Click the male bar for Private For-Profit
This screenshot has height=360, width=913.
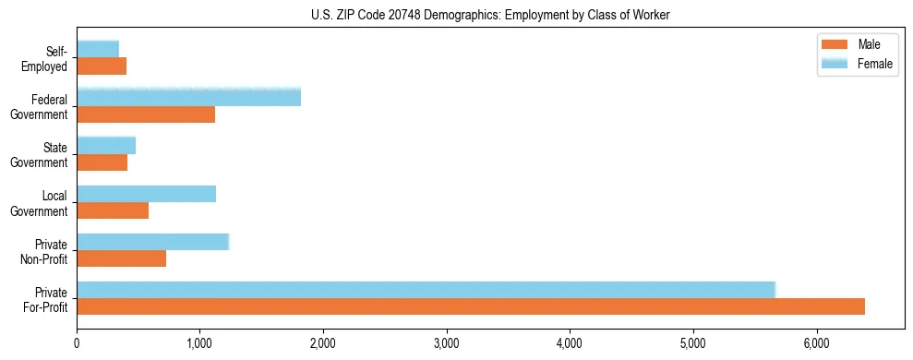pyautogui.click(x=471, y=306)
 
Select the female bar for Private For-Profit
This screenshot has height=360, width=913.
pyautogui.click(x=426, y=290)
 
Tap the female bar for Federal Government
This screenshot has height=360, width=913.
pyautogui.click(x=188, y=97)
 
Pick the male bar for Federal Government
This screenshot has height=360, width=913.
pyautogui.click(x=146, y=114)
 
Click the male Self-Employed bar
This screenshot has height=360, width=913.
pyautogui.click(x=102, y=66)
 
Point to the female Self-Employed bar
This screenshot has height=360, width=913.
pyautogui.click(x=98, y=49)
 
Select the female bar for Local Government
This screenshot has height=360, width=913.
pyautogui.click(x=146, y=194)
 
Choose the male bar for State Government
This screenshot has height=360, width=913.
pyautogui.click(x=102, y=162)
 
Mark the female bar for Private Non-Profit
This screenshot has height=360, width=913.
pyautogui.click(x=152, y=242)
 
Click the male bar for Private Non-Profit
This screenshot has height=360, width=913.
pyautogui.click(x=121, y=258)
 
